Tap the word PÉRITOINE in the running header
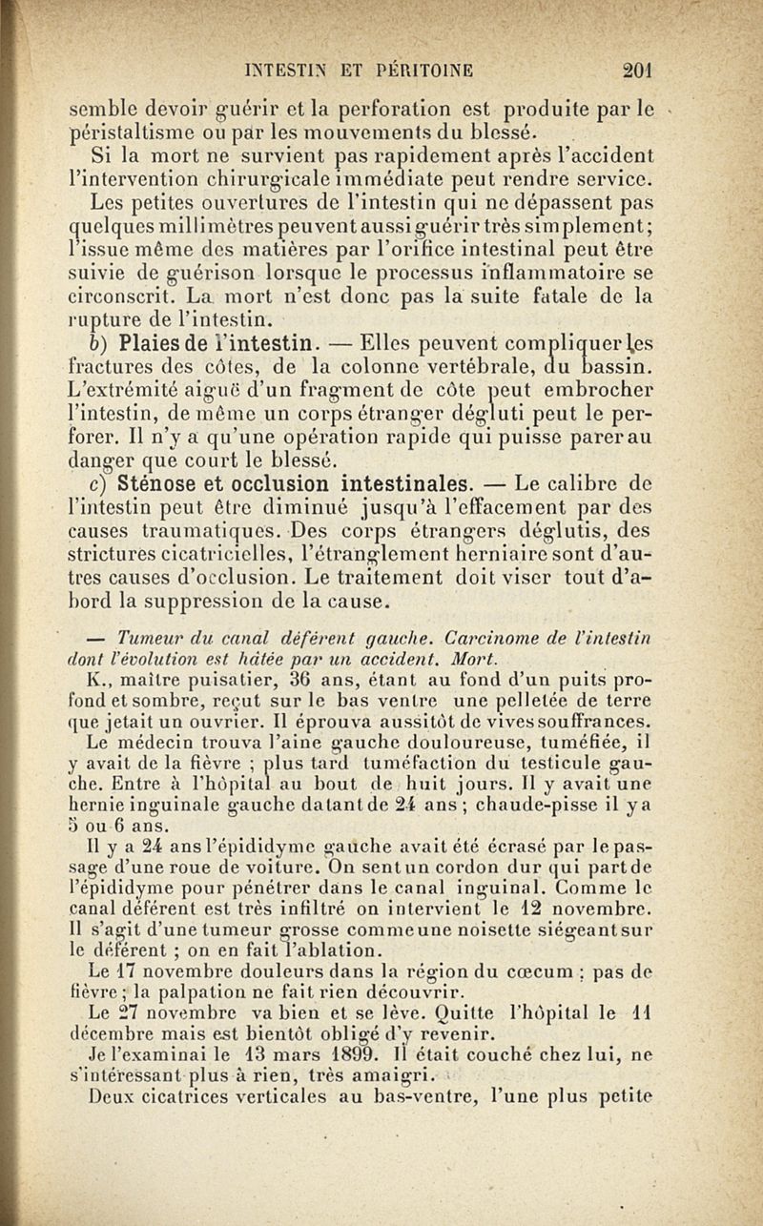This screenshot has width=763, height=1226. pos(423,69)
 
